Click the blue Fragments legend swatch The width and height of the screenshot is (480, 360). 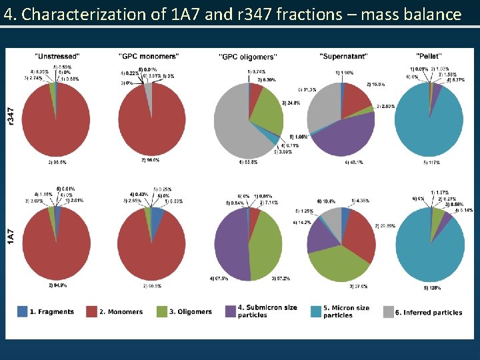(23, 312)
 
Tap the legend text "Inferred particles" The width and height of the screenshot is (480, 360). (432, 312)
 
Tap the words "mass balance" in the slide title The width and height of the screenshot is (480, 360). (411, 14)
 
